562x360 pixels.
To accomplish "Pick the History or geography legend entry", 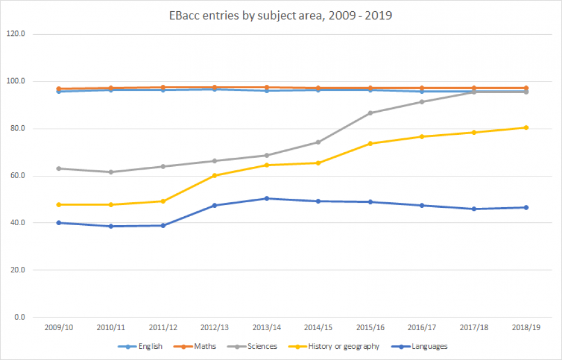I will pyautogui.click(x=342, y=347).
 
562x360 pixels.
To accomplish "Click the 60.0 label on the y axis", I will pyautogui.click(x=18, y=176).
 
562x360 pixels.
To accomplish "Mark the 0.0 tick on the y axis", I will pyautogui.click(x=20, y=317).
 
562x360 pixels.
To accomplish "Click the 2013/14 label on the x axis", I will pyautogui.click(x=266, y=327).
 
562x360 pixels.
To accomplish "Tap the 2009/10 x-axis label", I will pyautogui.click(x=58, y=327).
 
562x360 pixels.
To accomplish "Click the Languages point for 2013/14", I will pyautogui.click(x=266, y=198).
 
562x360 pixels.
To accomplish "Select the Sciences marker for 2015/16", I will pyautogui.click(x=370, y=113).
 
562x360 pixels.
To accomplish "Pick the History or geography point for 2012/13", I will pyautogui.click(x=214, y=175).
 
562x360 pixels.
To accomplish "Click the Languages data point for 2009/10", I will pyautogui.click(x=58, y=223).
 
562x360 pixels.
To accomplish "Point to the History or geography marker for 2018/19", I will pyautogui.click(x=525, y=127).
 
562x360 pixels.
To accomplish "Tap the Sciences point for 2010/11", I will pyautogui.click(x=111, y=172).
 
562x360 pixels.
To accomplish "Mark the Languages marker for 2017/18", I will pyautogui.click(x=474, y=209).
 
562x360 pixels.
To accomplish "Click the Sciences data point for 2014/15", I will pyautogui.click(x=318, y=142).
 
